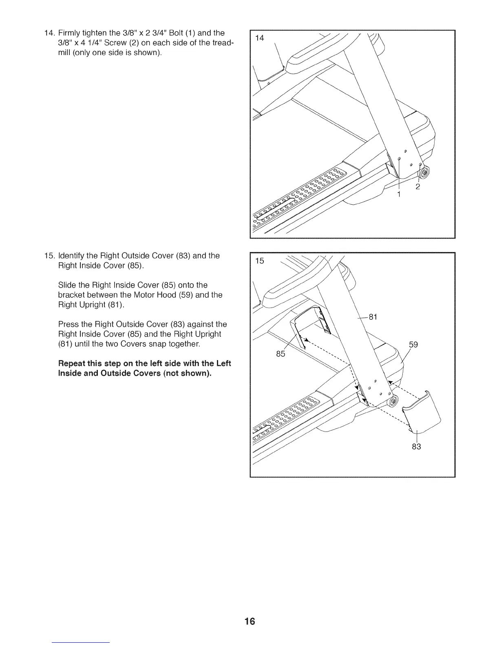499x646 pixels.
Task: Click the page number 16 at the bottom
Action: click(250, 622)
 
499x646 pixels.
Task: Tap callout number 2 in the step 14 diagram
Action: click(417, 187)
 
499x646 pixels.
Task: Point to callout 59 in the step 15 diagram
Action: click(413, 345)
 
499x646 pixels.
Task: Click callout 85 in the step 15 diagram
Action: click(280, 354)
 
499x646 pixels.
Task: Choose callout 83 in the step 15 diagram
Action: click(416, 447)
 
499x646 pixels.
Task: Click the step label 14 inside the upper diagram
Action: click(259, 38)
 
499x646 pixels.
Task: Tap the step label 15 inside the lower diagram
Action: click(259, 261)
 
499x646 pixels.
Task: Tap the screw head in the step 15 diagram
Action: click(393, 403)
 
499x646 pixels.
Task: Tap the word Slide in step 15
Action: click(67, 285)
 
